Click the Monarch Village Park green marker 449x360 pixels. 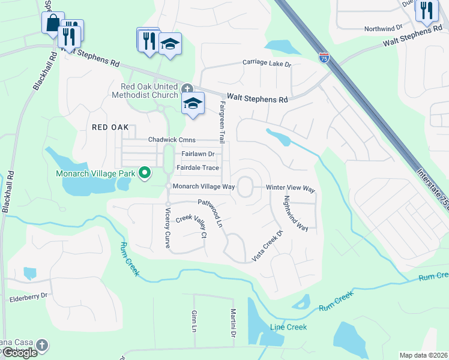pos(144,173)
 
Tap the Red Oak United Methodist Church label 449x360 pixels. pos(145,91)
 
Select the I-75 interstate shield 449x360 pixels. pos(324,58)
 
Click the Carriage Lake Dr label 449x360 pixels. pos(267,62)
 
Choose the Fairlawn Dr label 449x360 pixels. pos(194,154)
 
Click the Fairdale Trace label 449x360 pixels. pos(197,168)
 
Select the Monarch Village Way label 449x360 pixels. pos(203,187)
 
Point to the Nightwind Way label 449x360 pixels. pos(295,213)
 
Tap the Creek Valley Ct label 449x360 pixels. pos(190,226)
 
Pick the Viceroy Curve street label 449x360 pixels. pos(167,228)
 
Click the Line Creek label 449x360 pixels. pos(288,327)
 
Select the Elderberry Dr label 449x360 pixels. pos(28,296)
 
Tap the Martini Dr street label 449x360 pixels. pos(232,323)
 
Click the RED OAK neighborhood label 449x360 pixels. pos(110,127)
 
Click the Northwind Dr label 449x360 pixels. pos(383,28)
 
